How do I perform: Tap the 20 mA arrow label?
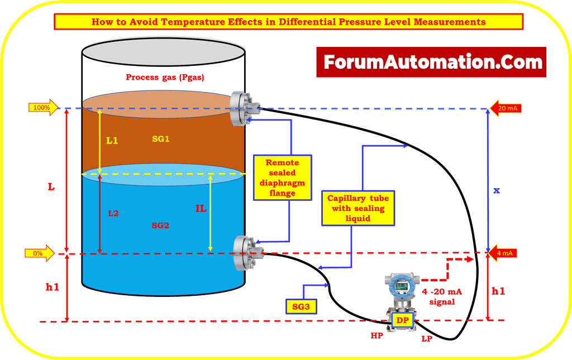coord(506,108)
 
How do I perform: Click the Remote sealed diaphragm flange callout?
coord(282,177)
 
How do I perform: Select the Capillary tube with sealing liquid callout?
coord(357,208)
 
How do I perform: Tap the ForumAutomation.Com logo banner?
coord(431,62)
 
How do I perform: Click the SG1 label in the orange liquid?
coord(160,139)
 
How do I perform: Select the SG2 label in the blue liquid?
coord(160,225)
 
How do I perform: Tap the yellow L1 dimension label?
coord(112,141)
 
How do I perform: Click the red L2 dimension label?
coord(113,213)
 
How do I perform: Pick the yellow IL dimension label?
coord(201,208)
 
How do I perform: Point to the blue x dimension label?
coord(496,191)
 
